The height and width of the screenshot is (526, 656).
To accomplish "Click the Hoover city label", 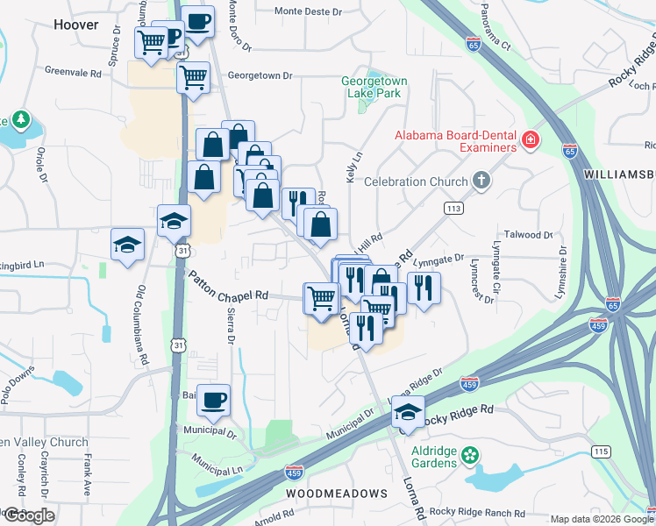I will pos(76,25).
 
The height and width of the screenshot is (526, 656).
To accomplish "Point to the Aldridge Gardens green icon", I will pos(471,454).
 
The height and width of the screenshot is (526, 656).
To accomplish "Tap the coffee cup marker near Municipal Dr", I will pos(213,401).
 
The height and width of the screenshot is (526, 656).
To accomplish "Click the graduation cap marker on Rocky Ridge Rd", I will pos(408,411).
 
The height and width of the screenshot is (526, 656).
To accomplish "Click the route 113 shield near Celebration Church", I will pos(453,208).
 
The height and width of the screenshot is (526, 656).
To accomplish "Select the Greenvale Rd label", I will pos(73,73).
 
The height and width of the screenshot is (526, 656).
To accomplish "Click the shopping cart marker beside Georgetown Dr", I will pos(193,76).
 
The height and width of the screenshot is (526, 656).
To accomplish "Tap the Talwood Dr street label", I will pos(531,235).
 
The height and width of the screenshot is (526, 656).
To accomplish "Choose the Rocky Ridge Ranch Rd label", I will pos(477,513).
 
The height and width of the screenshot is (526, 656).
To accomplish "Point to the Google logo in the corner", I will pos(29,515).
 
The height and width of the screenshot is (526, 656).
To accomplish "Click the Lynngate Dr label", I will pos(439,259).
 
